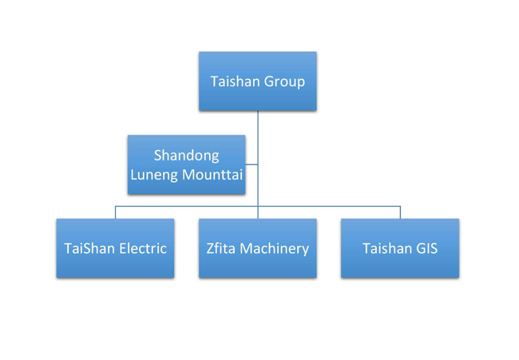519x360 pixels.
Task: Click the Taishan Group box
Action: [257, 81]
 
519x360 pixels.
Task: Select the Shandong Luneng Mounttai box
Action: [186, 164]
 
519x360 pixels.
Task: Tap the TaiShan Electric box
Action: [115, 248]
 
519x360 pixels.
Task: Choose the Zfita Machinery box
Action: [257, 248]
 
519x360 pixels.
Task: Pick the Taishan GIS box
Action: [399, 248]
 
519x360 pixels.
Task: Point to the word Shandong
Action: [186, 155]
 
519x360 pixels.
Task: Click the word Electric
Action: [142, 248]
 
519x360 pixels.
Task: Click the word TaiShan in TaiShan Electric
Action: [89, 248]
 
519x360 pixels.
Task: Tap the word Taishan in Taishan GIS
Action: [386, 248]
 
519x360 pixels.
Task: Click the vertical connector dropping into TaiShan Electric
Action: [115, 212]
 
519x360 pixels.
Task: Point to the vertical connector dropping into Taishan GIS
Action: [400, 212]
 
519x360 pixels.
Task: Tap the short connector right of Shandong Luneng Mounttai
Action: [252, 165]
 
